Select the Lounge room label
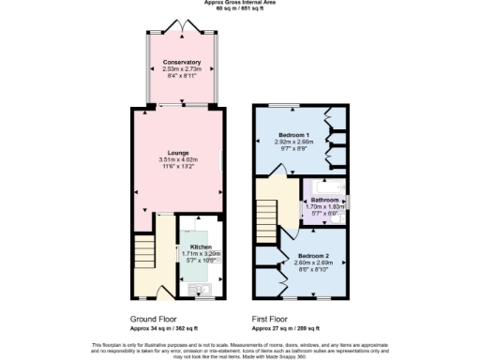pos(178,153)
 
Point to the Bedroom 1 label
pos(299,136)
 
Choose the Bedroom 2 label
pos(314,256)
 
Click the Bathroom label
pos(325,201)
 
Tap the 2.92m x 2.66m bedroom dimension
pos(299,142)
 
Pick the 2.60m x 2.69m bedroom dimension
pos(314,262)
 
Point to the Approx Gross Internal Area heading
pos(239,3)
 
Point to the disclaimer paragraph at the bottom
pos(240,349)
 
